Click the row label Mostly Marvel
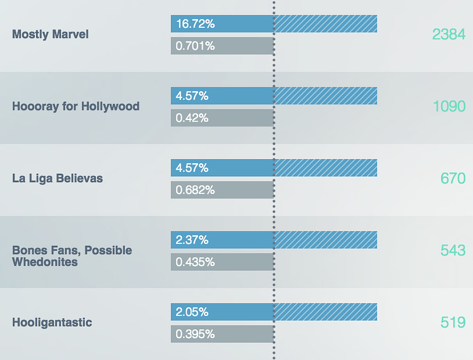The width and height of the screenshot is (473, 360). pos(50,34)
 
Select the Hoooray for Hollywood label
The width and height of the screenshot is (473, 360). pos(76,106)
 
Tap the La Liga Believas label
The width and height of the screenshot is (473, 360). pos(57,178)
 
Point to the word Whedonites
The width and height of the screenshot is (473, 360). pos(45,261)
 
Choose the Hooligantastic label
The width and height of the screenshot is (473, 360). pos(52,323)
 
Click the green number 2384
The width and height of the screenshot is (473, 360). pos(449,34)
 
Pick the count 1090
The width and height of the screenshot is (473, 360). pos(449,106)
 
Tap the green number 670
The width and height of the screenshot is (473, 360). pos(453,178)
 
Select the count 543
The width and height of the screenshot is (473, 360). pos(453,250)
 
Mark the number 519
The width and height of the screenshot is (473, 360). pos(453,323)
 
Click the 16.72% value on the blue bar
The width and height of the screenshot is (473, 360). pos(195,24)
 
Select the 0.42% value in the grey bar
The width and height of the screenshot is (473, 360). pos(192,118)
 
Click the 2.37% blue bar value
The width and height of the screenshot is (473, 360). pos(192,240)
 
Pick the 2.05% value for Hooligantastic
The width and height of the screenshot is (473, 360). pos(192,312)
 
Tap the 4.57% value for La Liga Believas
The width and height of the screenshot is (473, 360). pos(192,168)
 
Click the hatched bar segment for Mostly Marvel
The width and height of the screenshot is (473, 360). pos(325,24)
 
